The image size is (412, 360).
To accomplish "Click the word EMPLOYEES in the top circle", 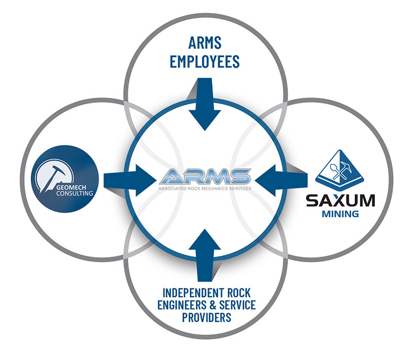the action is tap(204, 61).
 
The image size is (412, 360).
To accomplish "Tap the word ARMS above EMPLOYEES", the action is tap(205, 43).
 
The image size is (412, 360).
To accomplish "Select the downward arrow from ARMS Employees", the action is tap(204, 104).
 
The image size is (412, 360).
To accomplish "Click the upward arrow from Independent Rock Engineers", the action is tap(204, 255).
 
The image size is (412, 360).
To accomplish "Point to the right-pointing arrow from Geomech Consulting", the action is tap(130, 180).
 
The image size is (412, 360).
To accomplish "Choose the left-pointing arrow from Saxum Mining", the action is tap(281, 180).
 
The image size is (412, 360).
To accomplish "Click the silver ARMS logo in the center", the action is tap(204, 177).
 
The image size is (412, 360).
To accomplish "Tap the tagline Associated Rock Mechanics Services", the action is tap(204, 188).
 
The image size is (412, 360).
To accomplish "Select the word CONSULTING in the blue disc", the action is tap(75, 194).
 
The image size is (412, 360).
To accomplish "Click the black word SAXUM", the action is tap(340, 201).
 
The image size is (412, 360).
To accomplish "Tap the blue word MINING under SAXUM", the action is tap(340, 214).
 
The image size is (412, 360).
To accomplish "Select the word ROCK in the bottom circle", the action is tap(238, 293).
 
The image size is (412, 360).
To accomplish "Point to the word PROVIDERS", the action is tap(207, 317).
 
